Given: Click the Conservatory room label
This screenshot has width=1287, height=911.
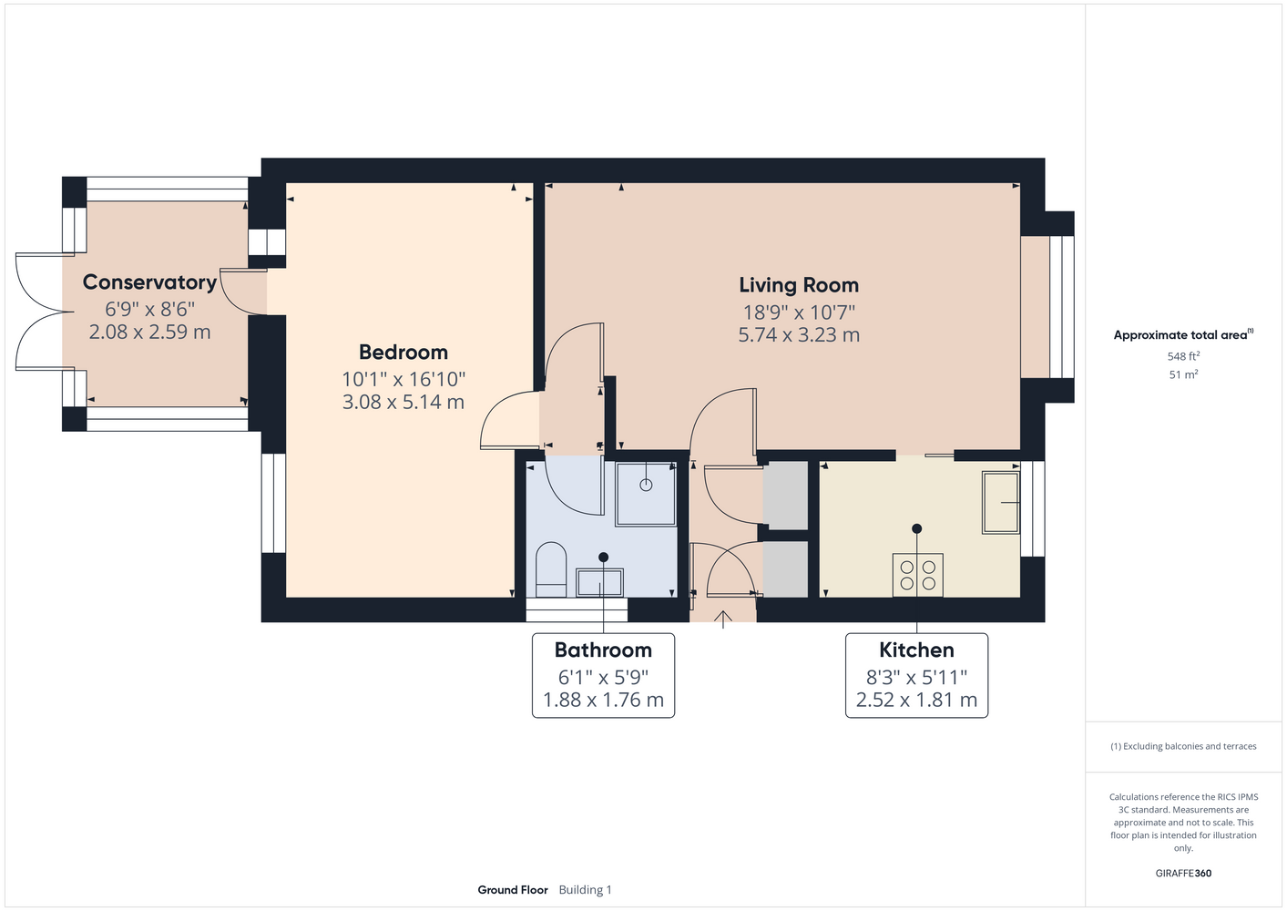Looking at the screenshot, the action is pos(149,282).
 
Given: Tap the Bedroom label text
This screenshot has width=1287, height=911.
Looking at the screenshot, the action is pos(403,353).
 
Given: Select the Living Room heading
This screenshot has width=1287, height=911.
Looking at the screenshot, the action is pos(799,285).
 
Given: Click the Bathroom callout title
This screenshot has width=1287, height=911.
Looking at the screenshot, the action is pos(603,650).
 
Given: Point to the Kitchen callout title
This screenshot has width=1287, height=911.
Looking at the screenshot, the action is pos(916,650).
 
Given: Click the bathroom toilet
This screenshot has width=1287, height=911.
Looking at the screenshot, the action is pos(551,569).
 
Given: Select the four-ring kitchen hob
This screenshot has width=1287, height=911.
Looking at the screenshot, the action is pos(917,575).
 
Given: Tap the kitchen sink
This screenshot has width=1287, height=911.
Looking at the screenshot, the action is pos(1001,503).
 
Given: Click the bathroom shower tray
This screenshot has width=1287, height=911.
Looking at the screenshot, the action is pos(646,495).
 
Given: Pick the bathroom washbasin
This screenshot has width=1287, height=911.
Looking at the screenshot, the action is pos(599,583).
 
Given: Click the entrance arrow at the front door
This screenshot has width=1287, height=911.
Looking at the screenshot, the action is pos(723,619).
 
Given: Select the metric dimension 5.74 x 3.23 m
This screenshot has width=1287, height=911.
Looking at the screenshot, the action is pos(799,335).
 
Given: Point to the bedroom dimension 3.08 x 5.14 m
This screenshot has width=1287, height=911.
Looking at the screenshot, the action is pos(403,402).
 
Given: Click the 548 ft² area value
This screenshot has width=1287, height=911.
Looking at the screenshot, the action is pos(1183,356).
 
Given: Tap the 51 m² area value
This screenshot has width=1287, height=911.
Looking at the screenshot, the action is pos(1183,374).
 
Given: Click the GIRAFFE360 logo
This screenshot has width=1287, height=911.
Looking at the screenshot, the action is pos(1183,873).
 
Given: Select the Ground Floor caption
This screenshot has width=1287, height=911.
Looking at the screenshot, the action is pos(513,890).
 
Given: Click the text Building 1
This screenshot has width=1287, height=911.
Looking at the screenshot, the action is pos(586,890).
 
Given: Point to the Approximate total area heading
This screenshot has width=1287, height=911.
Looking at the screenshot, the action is pos(1183,334).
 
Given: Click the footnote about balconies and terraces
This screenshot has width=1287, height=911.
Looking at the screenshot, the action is pos(1183,746).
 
